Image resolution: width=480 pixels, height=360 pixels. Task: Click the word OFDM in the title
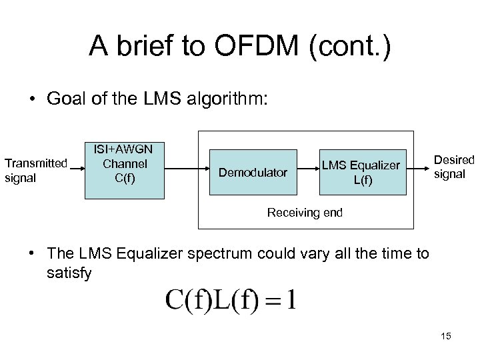coord(243,46)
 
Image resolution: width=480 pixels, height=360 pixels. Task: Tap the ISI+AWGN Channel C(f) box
coord(124,171)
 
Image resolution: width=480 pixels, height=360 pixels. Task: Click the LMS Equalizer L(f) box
coord(362,173)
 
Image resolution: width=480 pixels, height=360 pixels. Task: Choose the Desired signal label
coord(453,167)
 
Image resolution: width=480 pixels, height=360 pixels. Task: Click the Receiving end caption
coord(305,213)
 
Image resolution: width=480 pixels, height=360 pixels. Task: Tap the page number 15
coord(446,336)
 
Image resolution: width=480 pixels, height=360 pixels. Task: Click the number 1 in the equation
coord(293,300)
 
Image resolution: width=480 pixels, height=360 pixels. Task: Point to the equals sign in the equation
coord(271,301)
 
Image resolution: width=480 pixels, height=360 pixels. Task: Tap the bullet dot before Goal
coord(32,101)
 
